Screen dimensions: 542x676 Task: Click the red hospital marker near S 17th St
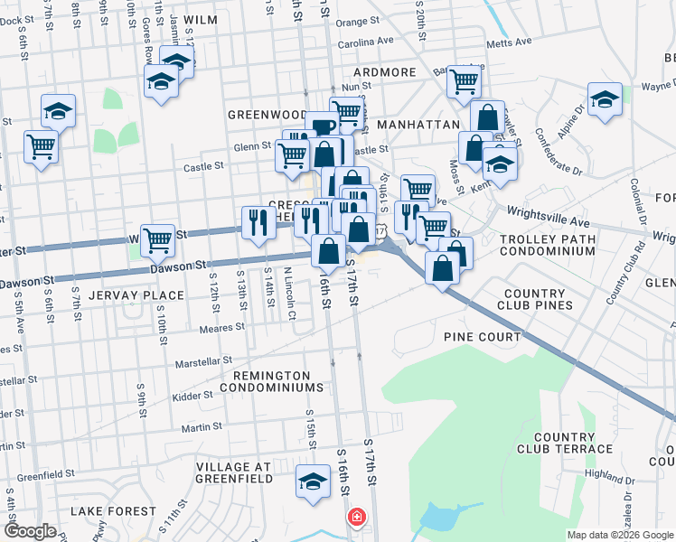[x=357, y=518]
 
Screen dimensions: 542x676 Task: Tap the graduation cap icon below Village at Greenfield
[x=313, y=482]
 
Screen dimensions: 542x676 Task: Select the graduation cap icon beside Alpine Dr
[x=605, y=100]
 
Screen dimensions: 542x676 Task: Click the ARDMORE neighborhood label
[x=385, y=72]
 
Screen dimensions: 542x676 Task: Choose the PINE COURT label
[x=482, y=337]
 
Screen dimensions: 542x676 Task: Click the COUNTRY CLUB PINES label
[x=539, y=300]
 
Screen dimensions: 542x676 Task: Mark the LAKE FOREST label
[x=113, y=511]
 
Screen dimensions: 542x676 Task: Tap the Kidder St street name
[x=193, y=395]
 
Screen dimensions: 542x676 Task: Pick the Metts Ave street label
[x=509, y=42]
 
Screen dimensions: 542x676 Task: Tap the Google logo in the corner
[x=30, y=530]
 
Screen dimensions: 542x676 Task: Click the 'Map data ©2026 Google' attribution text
[x=619, y=535]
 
